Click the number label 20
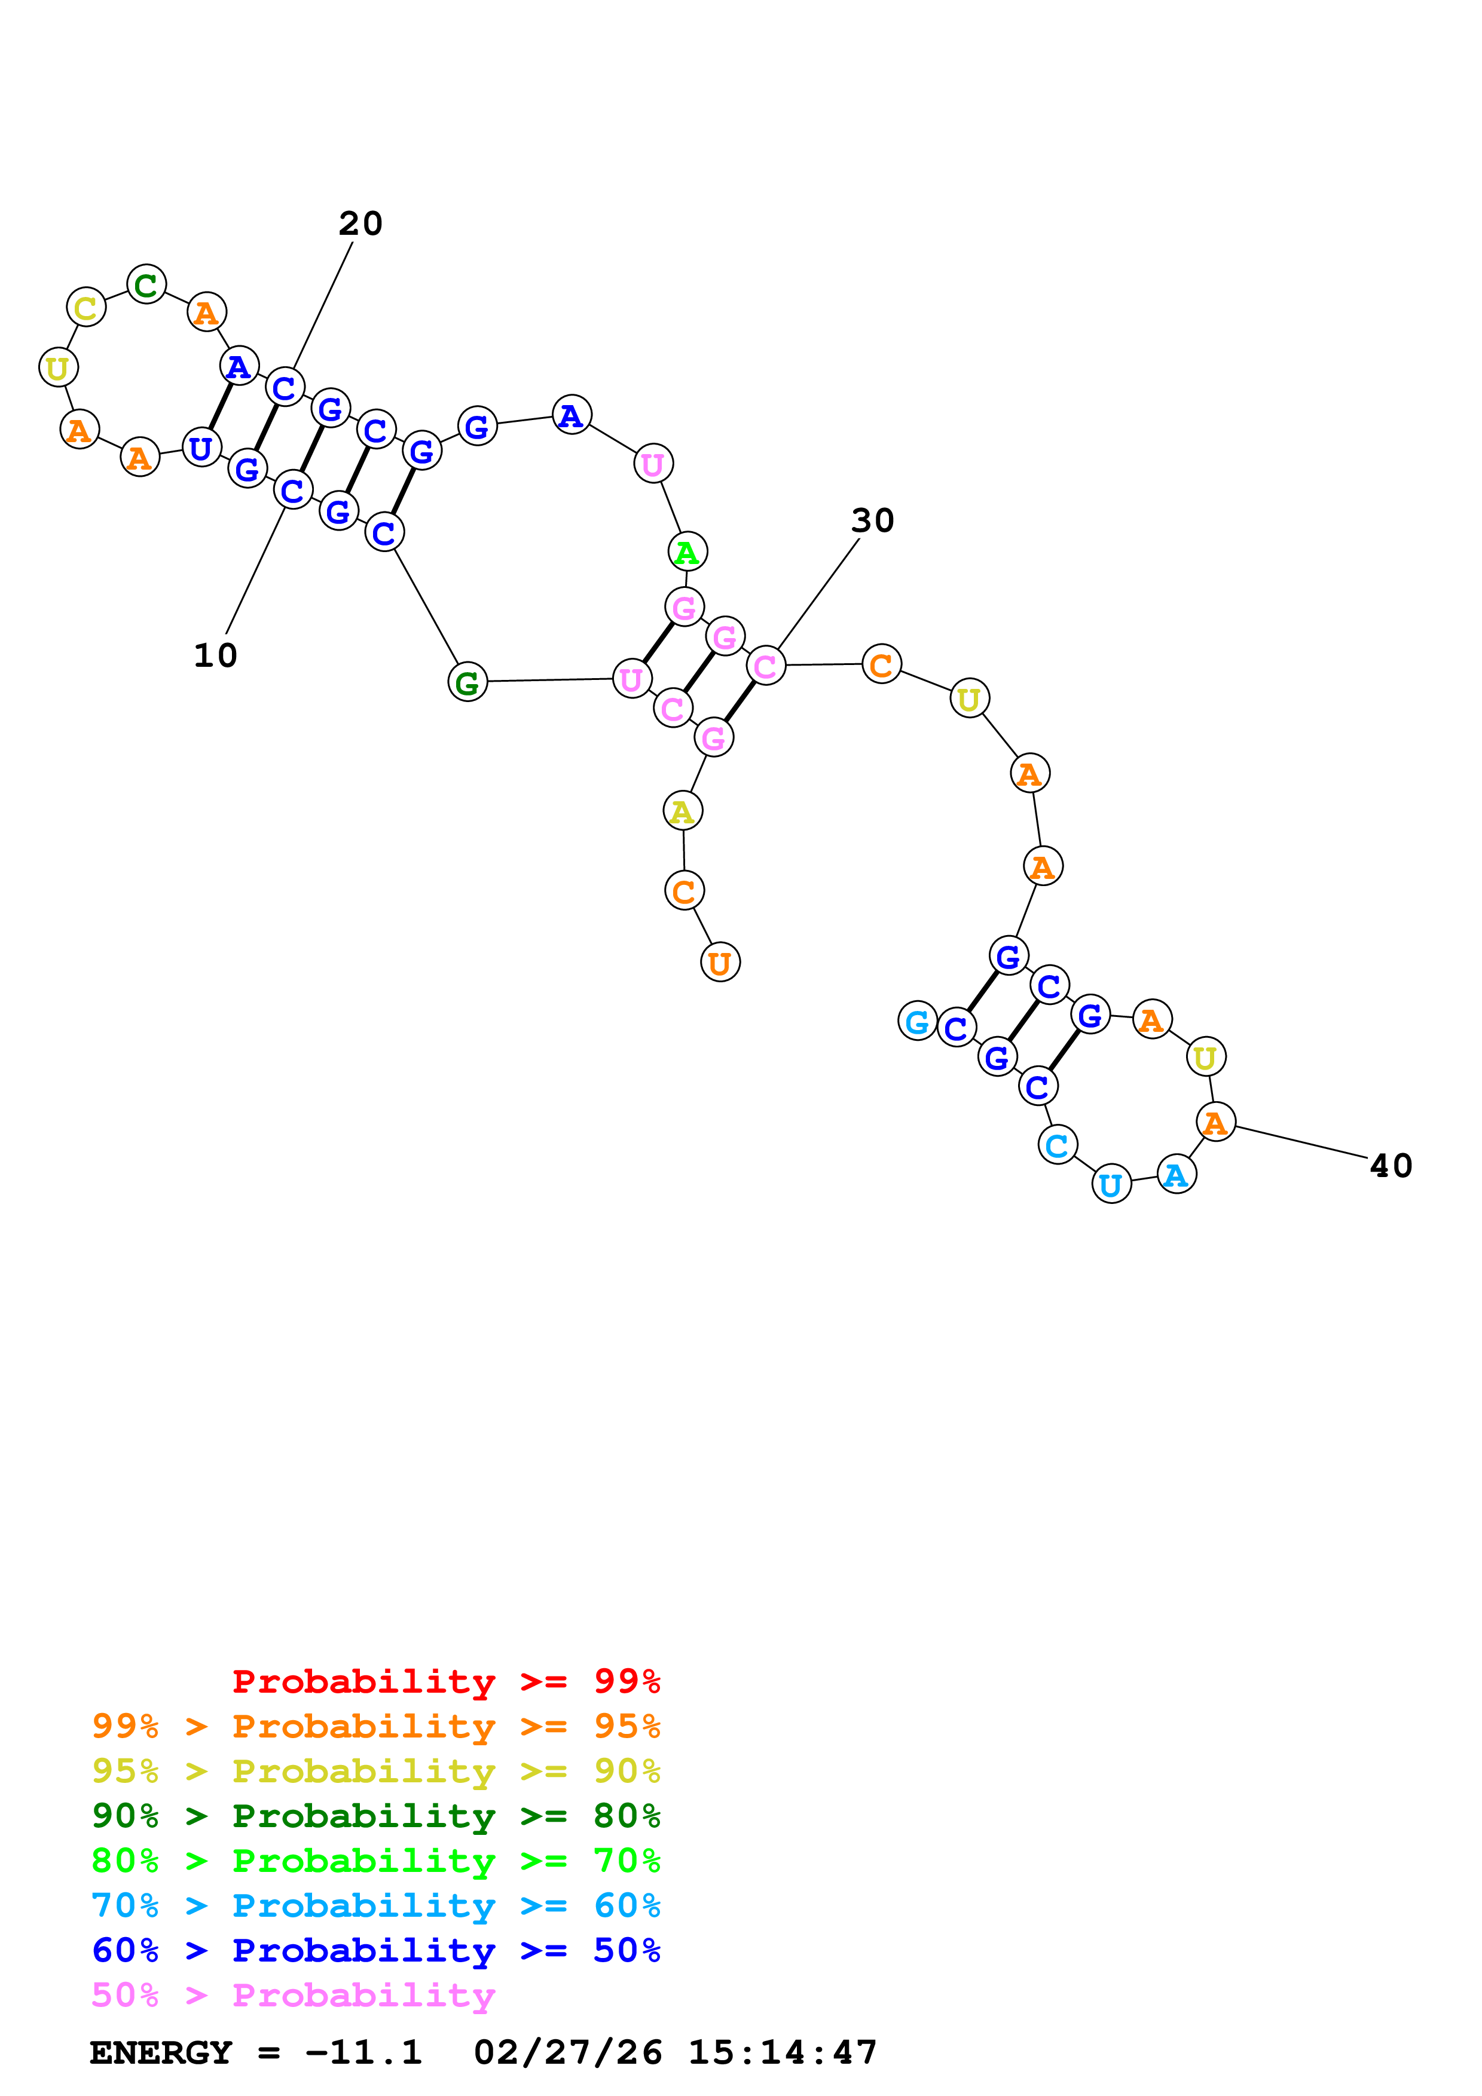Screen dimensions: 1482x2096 click(x=360, y=223)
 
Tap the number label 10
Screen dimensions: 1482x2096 click(x=215, y=655)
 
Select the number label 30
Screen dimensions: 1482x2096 click(x=872, y=521)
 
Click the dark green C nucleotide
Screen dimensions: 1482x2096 click(x=146, y=285)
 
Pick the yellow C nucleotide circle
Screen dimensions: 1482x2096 click(x=86, y=308)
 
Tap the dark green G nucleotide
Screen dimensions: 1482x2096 click(x=467, y=682)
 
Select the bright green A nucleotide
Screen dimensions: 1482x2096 click(x=687, y=552)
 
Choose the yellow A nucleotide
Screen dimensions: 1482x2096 click(x=682, y=811)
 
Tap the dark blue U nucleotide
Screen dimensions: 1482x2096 click(x=201, y=448)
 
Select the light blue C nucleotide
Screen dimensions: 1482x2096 click(x=1058, y=1145)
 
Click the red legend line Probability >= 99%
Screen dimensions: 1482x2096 click(x=445, y=1681)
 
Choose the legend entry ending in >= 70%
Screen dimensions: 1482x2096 click(x=375, y=1859)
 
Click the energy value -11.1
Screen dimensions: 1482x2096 click(x=363, y=2052)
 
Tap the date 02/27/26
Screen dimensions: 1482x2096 click(x=567, y=2052)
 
